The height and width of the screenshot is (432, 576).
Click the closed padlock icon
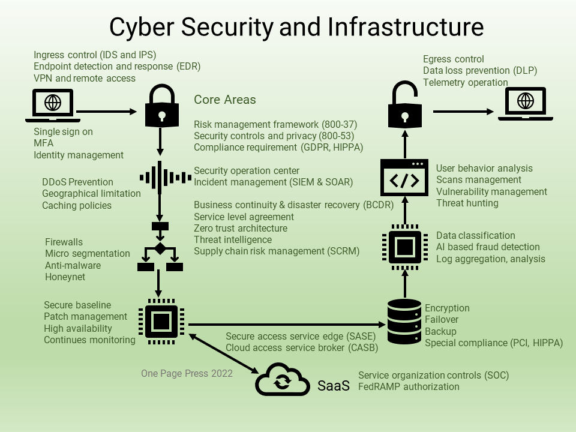160,107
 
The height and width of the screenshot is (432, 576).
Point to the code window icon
405,179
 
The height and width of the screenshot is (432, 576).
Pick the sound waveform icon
160,178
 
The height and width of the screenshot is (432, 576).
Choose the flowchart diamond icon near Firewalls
160,248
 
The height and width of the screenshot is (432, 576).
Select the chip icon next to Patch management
161,322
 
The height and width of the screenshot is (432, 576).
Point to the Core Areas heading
224,100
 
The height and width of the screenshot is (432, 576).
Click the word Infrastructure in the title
406,27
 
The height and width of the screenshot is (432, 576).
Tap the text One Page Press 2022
187,373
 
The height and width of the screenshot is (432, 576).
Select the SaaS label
333,386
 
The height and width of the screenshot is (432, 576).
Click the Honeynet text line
65,277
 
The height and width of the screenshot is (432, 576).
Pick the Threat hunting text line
467,203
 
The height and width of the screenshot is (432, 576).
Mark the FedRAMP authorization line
409,387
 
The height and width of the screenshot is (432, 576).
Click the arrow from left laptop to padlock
108,111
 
